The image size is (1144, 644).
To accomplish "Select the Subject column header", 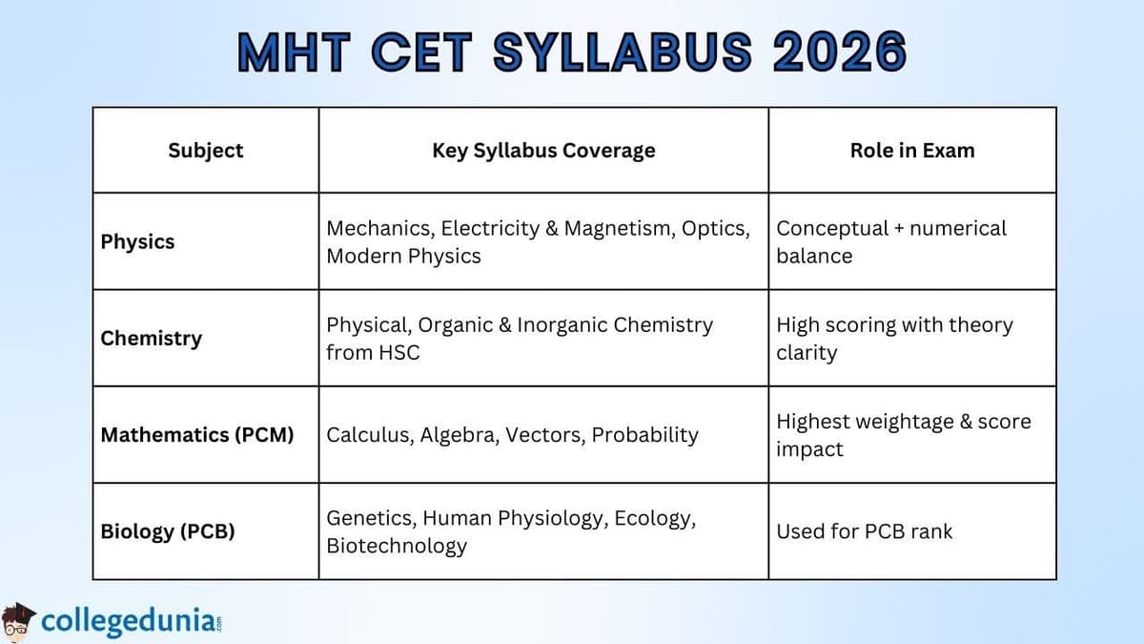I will click(206, 150).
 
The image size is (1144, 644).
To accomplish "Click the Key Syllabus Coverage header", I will click(543, 150).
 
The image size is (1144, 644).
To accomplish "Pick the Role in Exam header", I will click(912, 150).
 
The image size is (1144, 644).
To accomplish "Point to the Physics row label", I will click(137, 241).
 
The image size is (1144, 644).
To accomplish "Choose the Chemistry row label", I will click(151, 338).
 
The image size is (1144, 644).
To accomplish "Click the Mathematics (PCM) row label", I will click(197, 434).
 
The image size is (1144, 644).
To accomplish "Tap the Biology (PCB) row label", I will click(168, 530).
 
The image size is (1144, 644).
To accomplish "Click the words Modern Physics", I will click(403, 256).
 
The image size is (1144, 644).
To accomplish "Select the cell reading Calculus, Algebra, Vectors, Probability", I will click(512, 434).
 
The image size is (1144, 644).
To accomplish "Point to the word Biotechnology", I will click(397, 546).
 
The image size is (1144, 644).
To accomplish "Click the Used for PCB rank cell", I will click(864, 530).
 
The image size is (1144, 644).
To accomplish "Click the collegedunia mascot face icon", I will click(18, 621).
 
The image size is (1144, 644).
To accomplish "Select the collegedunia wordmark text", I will click(129, 622).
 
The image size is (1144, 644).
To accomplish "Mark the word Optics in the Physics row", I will click(715, 228).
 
